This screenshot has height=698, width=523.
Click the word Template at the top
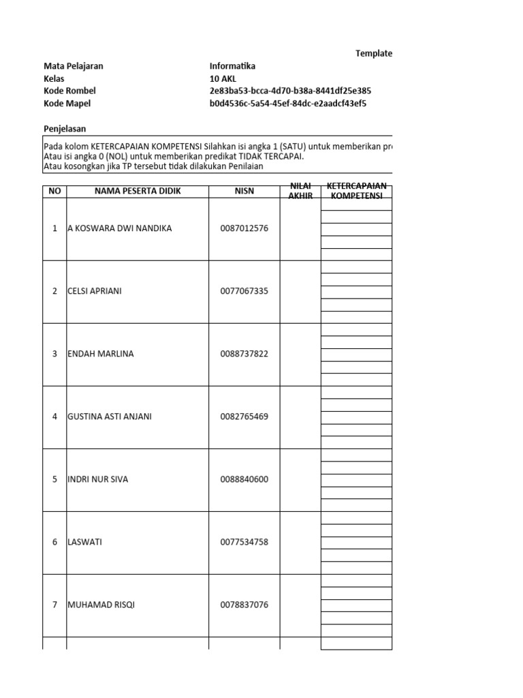(x=373, y=54)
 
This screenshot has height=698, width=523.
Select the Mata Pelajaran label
(x=74, y=66)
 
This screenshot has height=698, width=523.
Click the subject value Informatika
(x=232, y=66)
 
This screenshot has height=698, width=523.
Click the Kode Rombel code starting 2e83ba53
(x=290, y=91)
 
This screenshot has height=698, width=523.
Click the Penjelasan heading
(x=65, y=128)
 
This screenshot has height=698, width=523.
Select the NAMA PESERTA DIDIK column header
(x=138, y=191)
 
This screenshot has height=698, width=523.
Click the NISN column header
(x=244, y=191)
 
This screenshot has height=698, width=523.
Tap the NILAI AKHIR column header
(x=300, y=191)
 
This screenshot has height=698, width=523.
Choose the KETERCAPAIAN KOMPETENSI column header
(x=356, y=191)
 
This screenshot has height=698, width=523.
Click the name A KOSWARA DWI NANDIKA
(x=120, y=228)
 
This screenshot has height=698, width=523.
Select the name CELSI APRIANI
(x=96, y=291)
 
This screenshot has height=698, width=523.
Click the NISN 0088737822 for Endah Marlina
(x=244, y=354)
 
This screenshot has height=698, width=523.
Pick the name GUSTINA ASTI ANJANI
(x=110, y=416)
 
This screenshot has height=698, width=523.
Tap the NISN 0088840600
(x=244, y=479)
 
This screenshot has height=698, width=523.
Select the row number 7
(x=54, y=605)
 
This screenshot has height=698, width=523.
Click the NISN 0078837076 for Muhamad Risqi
(x=244, y=605)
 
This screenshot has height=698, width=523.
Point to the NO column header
(x=54, y=191)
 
